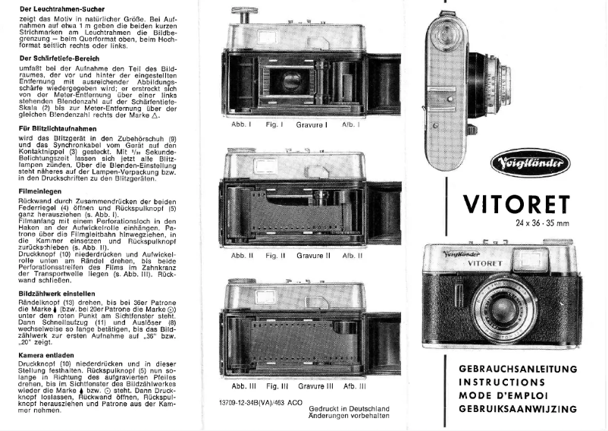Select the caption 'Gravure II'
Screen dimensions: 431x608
coord(314,256)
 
